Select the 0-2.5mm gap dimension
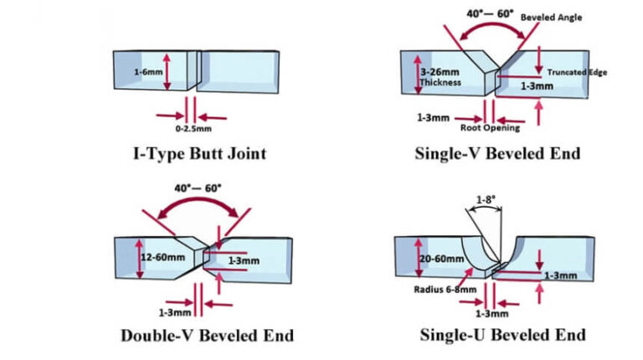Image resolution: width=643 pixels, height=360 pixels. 193,130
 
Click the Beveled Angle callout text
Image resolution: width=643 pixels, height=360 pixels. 551,17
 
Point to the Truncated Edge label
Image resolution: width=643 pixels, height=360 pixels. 577,72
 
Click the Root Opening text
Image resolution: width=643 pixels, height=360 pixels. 491,128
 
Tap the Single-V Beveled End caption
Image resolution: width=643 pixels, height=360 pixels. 497,154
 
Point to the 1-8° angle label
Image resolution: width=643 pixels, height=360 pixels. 487,200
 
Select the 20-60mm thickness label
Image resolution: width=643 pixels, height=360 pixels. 439,260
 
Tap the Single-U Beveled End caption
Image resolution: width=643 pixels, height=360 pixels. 502,335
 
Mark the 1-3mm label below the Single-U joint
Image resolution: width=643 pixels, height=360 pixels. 491,313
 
